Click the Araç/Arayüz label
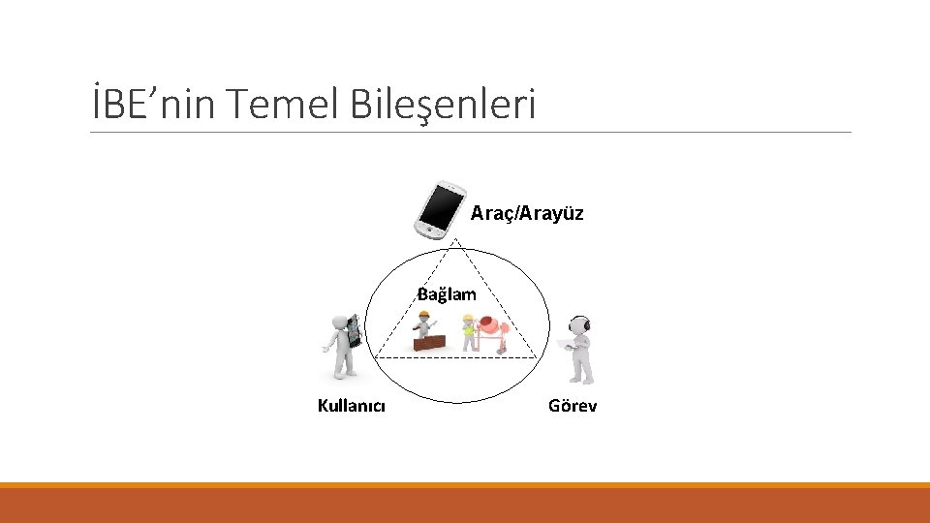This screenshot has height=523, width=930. click(x=527, y=213)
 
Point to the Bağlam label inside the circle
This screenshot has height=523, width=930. click(x=447, y=293)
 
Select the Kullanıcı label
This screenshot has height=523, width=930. click(x=351, y=406)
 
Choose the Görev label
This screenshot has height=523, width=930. click(x=572, y=406)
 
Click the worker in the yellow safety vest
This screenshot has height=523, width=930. click(x=470, y=331)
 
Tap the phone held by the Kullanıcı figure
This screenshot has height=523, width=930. click(x=354, y=330)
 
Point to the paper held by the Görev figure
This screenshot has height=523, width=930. click(x=567, y=343)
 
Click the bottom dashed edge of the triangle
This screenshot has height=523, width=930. click(x=455, y=357)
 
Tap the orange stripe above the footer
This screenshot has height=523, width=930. click(x=465, y=485)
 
